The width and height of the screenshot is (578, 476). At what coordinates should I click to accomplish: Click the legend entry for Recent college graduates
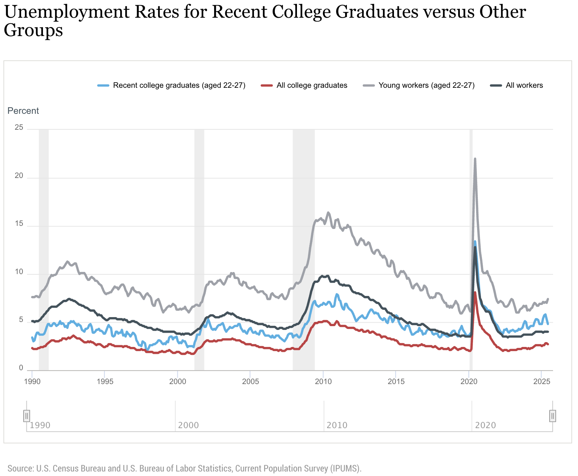tap(179, 85)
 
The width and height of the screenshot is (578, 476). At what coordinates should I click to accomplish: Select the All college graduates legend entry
tap(312, 85)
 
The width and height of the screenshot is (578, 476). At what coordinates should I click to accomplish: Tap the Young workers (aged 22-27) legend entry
tap(426, 85)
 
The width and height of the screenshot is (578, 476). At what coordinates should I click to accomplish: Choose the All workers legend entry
tap(524, 85)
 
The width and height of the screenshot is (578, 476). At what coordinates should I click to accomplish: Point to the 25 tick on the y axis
tap(19, 128)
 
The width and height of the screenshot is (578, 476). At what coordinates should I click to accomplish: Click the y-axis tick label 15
tap(19, 224)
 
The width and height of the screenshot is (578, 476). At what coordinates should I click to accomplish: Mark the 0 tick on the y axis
tap(21, 368)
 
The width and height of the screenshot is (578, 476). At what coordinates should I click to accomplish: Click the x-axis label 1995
tap(105, 382)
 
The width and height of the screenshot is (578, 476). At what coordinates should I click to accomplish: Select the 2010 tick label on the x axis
tap(323, 382)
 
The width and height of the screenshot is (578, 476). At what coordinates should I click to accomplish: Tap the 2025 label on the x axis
tap(542, 382)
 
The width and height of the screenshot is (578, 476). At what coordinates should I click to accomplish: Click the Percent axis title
tap(23, 111)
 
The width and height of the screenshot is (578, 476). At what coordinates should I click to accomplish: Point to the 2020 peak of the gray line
tap(475, 159)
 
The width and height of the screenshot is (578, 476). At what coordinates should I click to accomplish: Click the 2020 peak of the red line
tap(475, 292)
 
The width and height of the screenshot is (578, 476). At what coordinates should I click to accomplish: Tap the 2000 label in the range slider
tap(188, 425)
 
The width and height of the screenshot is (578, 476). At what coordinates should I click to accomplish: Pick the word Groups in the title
tap(33, 30)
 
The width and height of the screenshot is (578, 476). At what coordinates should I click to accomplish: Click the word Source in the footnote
tap(20, 468)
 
